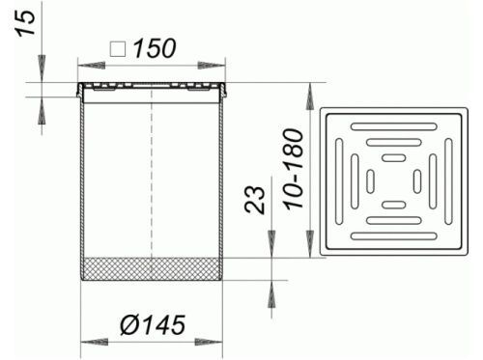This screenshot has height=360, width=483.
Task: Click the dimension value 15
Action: point(25,23)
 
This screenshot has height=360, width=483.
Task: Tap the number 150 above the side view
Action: point(155,49)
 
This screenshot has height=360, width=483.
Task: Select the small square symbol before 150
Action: point(118,49)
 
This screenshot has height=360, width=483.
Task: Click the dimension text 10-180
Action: point(294,170)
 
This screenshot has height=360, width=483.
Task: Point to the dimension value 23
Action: point(255,200)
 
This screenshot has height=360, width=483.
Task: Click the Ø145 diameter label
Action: point(153,324)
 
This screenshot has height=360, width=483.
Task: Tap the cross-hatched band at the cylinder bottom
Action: point(152,269)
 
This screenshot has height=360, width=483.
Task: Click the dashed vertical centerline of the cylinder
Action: point(152,174)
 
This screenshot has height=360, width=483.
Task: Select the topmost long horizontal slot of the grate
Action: point(394,126)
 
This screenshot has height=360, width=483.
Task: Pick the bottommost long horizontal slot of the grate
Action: point(394,236)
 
